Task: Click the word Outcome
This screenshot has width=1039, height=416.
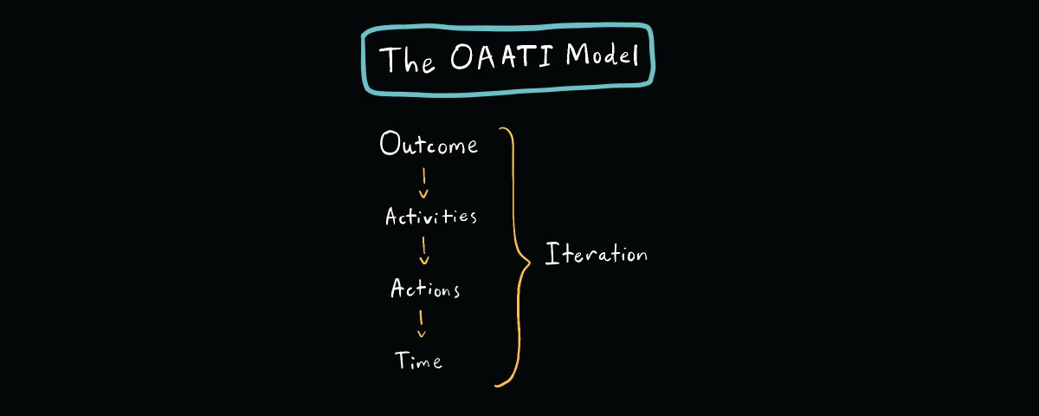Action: (429, 144)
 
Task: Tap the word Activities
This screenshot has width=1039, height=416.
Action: (431, 217)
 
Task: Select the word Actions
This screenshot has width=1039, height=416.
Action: (425, 288)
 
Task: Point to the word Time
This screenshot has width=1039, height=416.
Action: (418, 361)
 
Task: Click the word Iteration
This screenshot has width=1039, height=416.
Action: (596, 253)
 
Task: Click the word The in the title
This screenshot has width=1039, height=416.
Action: (407, 60)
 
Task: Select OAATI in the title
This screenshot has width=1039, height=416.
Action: (501, 56)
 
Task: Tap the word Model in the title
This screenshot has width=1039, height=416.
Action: (602, 55)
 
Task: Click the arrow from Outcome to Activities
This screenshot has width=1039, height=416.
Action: (423, 183)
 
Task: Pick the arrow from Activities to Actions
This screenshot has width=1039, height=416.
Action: (424, 250)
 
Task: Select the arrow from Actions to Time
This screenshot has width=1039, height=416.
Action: (421, 323)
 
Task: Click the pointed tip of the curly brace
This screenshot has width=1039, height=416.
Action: (530, 263)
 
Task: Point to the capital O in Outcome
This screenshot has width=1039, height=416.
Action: (390, 143)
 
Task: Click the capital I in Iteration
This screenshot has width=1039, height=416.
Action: (552, 253)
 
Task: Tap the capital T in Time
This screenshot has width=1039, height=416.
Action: (402, 360)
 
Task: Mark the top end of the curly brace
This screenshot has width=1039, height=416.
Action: (500, 128)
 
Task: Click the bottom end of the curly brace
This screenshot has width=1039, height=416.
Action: (496, 386)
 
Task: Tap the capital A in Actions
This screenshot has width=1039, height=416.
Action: (398, 288)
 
